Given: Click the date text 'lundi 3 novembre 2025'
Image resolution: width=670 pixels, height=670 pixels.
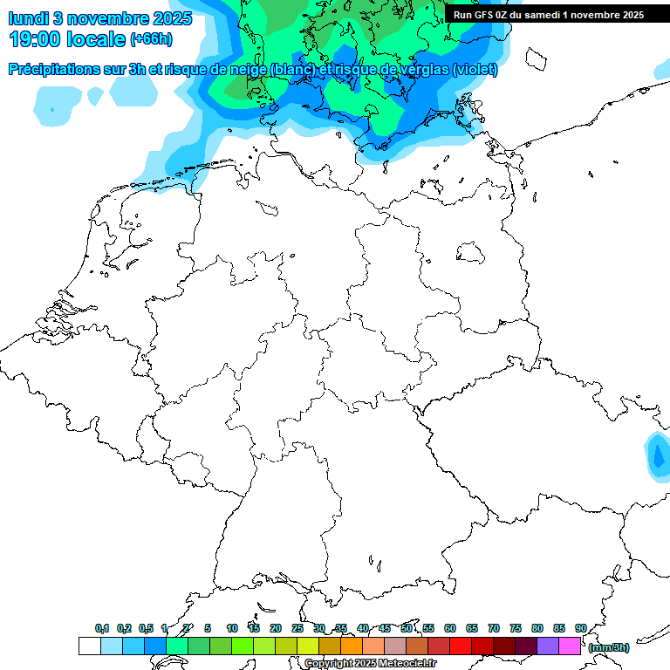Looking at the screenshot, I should (91, 17).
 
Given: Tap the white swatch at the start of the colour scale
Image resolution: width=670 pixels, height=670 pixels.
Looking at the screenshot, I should (89, 646).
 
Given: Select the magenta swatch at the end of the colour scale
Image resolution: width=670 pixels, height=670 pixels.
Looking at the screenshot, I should (570, 646).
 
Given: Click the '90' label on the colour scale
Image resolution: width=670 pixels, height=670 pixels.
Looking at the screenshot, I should (580, 628).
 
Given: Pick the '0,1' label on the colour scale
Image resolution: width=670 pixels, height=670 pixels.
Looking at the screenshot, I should (102, 628).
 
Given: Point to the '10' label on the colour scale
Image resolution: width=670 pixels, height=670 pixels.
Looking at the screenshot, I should (232, 628).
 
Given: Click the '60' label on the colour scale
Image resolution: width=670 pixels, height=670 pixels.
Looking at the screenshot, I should (450, 628).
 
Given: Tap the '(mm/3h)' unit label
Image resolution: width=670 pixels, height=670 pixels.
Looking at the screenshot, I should (609, 647).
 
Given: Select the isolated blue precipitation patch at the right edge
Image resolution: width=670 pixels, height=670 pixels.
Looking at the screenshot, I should (657, 456).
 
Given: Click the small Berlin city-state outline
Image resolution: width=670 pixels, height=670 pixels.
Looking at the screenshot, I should (471, 252).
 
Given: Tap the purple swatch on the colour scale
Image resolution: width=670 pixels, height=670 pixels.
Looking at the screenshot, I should (548, 646).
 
